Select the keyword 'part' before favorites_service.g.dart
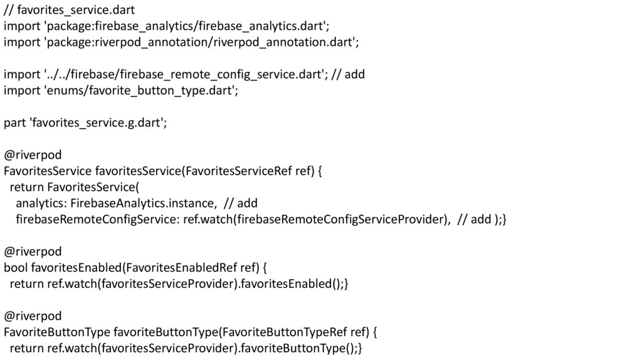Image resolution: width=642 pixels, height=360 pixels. [x=14, y=123]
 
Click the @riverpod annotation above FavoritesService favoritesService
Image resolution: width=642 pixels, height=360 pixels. [x=33, y=156]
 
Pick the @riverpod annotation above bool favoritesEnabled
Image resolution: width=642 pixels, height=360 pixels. [x=33, y=251]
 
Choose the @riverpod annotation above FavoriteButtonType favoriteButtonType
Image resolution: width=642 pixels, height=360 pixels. [x=33, y=315]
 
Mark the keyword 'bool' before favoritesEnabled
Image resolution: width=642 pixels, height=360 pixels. [x=15, y=268]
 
